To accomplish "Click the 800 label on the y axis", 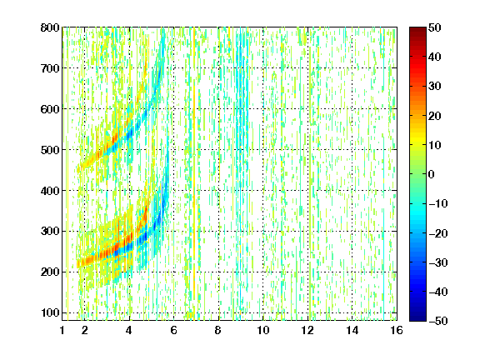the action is (x=50, y=27).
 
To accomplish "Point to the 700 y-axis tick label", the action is (x=50, y=68).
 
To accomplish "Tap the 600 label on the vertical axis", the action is (x=50, y=109).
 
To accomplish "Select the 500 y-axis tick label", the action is (x=50, y=150).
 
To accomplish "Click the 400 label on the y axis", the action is (x=50, y=190).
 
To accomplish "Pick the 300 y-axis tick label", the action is (x=50, y=231).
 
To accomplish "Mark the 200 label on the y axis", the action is (x=50, y=272).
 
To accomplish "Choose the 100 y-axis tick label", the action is (x=50, y=312).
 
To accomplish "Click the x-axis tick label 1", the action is (x=62, y=330).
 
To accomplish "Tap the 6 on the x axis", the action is (x=174, y=330).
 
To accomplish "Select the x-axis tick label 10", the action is (x=263, y=330).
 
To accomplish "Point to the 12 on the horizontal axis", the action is (x=307, y=330).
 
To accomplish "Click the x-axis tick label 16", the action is (x=397, y=330).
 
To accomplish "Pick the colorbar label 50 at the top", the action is (x=435, y=27).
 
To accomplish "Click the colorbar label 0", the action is (x=432, y=174).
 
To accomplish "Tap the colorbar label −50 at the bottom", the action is (x=438, y=321).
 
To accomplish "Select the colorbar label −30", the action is (x=438, y=262).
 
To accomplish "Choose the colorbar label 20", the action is (x=435, y=116).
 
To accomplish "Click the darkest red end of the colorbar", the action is (x=417, y=28).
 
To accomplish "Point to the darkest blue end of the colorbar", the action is (x=417, y=319).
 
